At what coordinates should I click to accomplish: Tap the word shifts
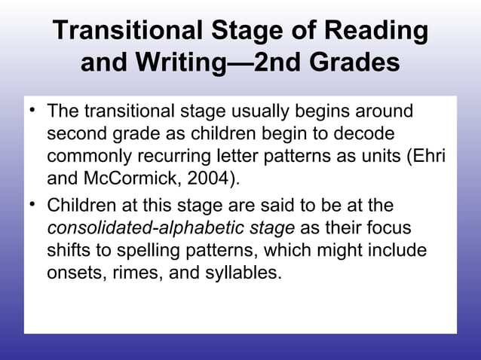pos(69,252)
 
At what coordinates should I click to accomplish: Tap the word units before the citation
pos(363,158)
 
